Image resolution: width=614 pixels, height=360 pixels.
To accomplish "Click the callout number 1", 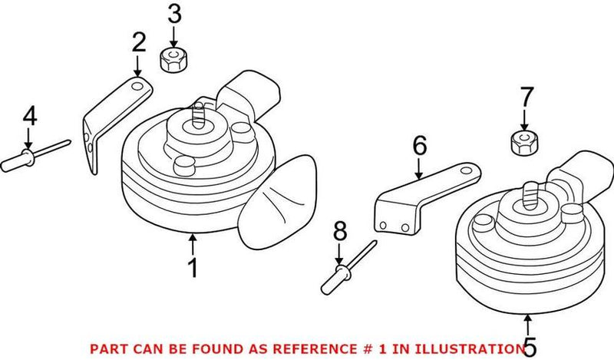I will [193, 268].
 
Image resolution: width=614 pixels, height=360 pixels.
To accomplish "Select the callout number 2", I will [138, 42].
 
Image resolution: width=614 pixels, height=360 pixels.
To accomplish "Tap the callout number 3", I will [174, 14].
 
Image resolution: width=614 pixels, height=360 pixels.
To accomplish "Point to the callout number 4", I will [29, 117].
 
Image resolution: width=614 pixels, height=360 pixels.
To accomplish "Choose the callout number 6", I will [419, 145].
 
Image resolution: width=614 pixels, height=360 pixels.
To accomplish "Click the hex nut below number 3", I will [173, 60].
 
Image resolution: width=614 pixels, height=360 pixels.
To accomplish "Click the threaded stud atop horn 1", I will [199, 113].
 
